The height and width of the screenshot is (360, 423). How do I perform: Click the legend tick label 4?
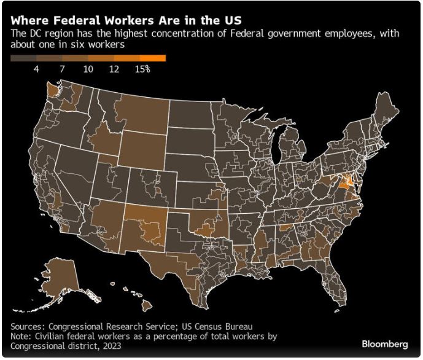point(36,69)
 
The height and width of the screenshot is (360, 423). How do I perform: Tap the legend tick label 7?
point(62,69)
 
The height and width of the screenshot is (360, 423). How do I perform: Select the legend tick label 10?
point(88,69)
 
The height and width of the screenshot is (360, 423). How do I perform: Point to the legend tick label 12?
point(114,69)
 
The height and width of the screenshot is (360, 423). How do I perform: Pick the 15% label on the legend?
point(142,69)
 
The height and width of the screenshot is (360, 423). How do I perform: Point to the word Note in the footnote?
point(21,337)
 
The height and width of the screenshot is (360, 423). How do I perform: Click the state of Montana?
point(139,110)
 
